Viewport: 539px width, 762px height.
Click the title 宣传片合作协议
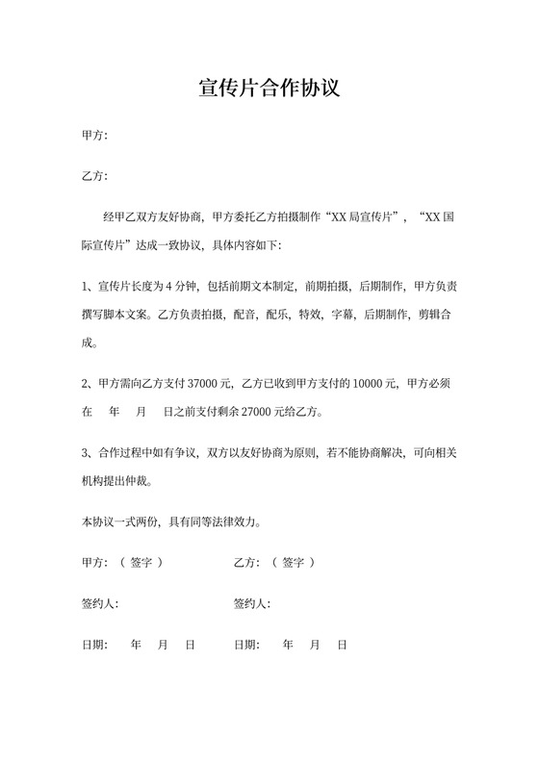(269, 89)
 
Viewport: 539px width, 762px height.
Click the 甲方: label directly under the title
(94, 136)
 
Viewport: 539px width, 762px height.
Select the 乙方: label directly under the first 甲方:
(94, 176)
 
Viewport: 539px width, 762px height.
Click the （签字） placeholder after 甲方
(141, 563)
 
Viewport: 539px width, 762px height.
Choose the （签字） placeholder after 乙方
(294, 563)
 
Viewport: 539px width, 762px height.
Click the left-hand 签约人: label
(100, 604)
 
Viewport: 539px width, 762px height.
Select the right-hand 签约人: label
(252, 604)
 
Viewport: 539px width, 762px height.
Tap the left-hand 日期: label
(94, 645)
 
